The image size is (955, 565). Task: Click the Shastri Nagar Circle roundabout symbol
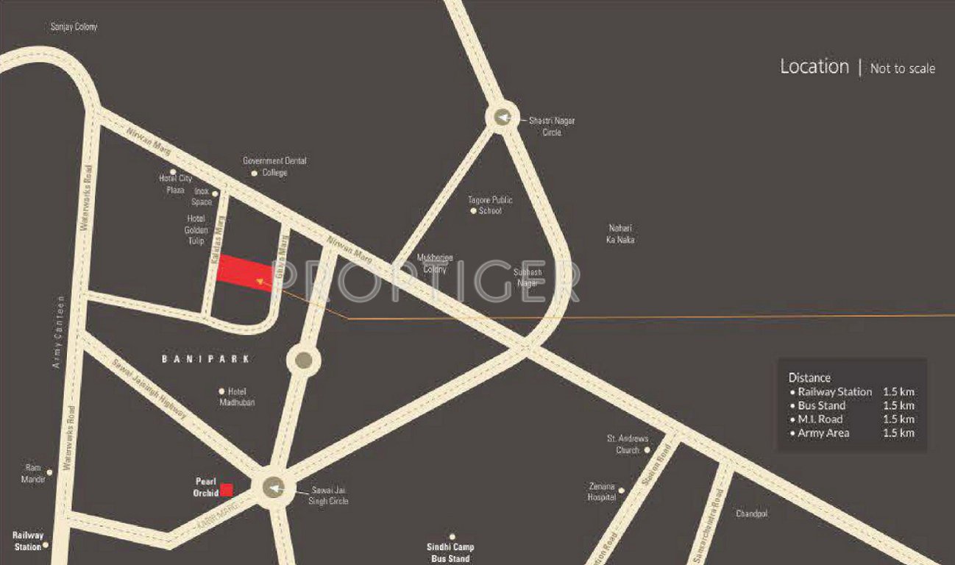click(502, 117)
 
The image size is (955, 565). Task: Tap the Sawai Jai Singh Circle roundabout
click(274, 487)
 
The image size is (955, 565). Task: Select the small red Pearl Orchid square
click(227, 489)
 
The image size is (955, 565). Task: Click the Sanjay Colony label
click(74, 26)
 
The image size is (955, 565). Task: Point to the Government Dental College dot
click(255, 174)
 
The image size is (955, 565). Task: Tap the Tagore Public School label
click(490, 205)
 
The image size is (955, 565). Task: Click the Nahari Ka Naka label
click(620, 234)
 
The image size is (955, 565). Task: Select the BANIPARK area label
click(206, 359)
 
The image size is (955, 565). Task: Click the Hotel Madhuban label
click(237, 397)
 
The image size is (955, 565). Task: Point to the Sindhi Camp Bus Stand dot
click(452, 537)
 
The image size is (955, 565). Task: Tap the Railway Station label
click(28, 541)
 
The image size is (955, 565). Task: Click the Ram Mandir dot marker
click(49, 472)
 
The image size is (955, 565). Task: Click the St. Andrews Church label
click(627, 444)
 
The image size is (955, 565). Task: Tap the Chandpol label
click(751, 514)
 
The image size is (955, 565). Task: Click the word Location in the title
click(814, 66)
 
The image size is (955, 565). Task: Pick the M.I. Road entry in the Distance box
click(821, 419)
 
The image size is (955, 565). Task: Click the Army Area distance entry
click(823, 433)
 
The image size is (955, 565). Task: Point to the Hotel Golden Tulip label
click(196, 230)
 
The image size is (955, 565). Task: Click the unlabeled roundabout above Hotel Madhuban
click(303, 360)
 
